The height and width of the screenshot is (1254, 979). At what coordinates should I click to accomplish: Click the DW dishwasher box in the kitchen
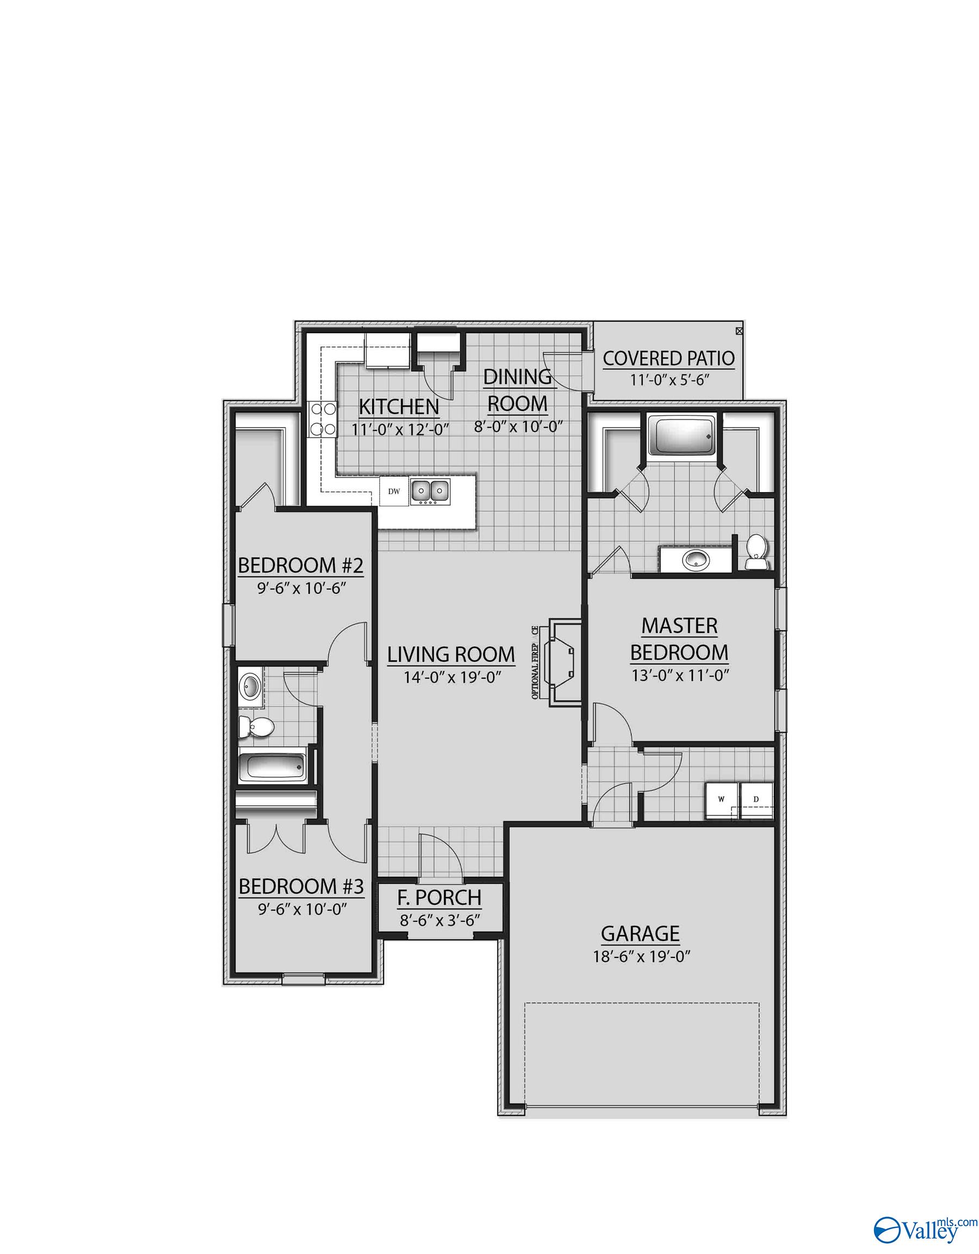(x=393, y=491)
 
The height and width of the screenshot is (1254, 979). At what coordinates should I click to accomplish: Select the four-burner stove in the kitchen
(x=323, y=419)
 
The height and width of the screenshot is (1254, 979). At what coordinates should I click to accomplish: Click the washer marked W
(x=720, y=799)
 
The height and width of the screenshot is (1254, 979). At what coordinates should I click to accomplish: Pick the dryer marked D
(x=756, y=799)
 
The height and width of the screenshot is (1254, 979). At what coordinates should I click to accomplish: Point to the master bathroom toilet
(x=756, y=552)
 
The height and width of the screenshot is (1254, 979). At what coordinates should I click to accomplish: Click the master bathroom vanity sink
(x=695, y=560)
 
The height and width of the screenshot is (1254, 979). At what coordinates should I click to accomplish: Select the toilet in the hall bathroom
(x=257, y=728)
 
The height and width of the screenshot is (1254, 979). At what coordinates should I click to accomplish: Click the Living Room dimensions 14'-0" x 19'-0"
(x=452, y=678)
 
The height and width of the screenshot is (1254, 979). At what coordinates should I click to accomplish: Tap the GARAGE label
(x=640, y=933)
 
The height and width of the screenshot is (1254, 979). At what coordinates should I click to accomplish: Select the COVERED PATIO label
(x=668, y=358)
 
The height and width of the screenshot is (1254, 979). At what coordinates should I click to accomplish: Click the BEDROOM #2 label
(x=301, y=565)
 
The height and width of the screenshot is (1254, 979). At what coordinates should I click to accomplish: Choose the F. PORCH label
(x=440, y=898)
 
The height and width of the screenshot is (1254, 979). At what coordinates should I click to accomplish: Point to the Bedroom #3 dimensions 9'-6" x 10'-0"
(x=302, y=909)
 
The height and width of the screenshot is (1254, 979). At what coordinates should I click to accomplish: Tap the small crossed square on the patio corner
(x=739, y=331)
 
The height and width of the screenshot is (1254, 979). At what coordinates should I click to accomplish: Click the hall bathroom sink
(x=251, y=684)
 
